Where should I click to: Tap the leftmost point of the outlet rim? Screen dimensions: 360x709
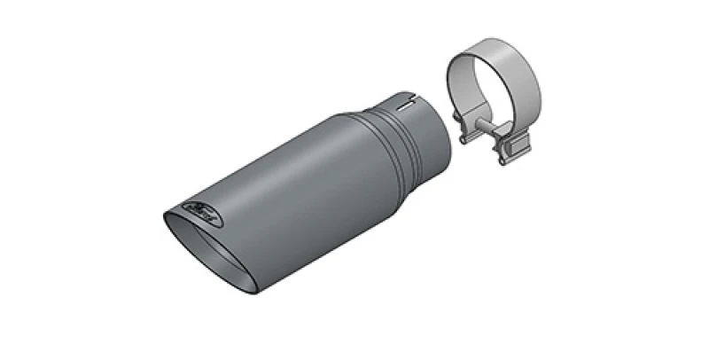point(164,213)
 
